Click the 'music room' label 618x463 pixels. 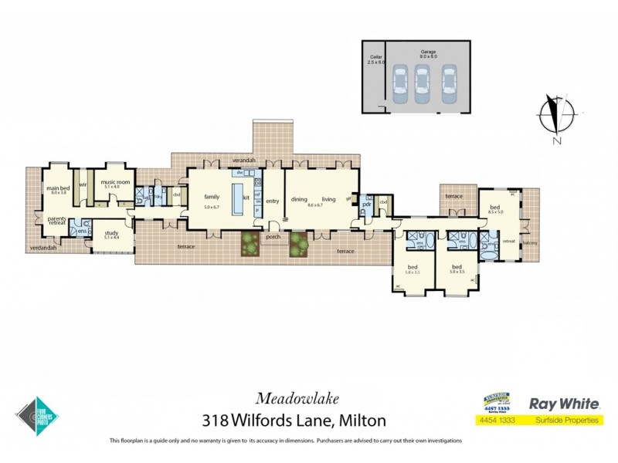coord(106,181)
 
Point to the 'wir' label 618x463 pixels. coord(82,184)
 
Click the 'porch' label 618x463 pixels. coord(272,237)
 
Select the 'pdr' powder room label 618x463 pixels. coord(367,204)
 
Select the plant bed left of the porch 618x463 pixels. coord(250,244)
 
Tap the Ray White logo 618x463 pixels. coord(563,402)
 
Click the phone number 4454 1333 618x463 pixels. coord(494,421)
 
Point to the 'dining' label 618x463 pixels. coord(299,200)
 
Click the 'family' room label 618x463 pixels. coord(211,197)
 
